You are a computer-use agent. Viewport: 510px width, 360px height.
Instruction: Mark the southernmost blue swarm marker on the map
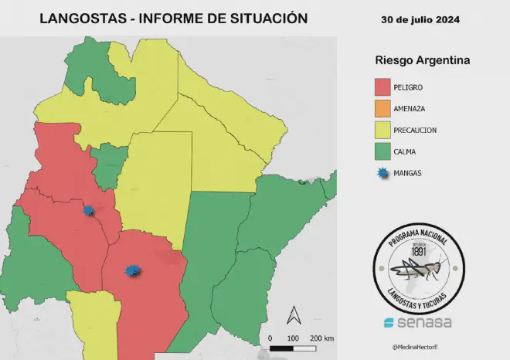coord(133,270)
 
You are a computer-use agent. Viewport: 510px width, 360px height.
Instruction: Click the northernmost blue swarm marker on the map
coord(90,209)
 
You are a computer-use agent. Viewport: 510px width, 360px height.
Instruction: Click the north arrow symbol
coord(294,315)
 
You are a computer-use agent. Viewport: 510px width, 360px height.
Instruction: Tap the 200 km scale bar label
coord(321,338)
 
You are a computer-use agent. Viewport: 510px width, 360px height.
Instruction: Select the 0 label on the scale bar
coord(270,338)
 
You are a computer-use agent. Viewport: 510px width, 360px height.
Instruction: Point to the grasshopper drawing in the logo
coord(417,270)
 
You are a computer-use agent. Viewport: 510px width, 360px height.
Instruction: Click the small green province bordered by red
coord(109,164)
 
